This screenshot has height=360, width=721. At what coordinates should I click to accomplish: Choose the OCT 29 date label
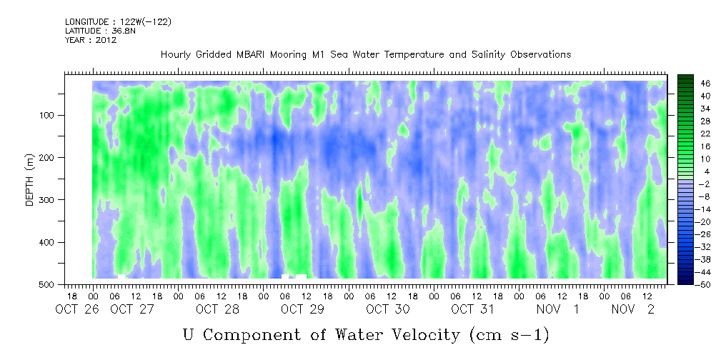(x=302, y=309)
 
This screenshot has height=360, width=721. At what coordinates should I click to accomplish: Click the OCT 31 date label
(x=473, y=309)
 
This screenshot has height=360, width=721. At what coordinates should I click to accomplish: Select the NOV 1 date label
(x=558, y=309)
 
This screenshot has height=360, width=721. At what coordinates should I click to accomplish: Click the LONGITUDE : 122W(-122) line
(x=118, y=22)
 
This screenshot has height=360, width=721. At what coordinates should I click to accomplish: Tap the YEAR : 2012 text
(x=91, y=40)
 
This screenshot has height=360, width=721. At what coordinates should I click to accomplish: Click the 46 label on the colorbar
(x=692, y=84)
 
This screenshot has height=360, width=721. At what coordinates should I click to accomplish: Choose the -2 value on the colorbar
(x=692, y=184)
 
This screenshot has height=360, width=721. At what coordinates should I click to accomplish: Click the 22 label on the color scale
(x=692, y=136)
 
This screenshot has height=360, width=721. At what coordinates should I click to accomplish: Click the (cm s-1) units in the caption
(x=509, y=335)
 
